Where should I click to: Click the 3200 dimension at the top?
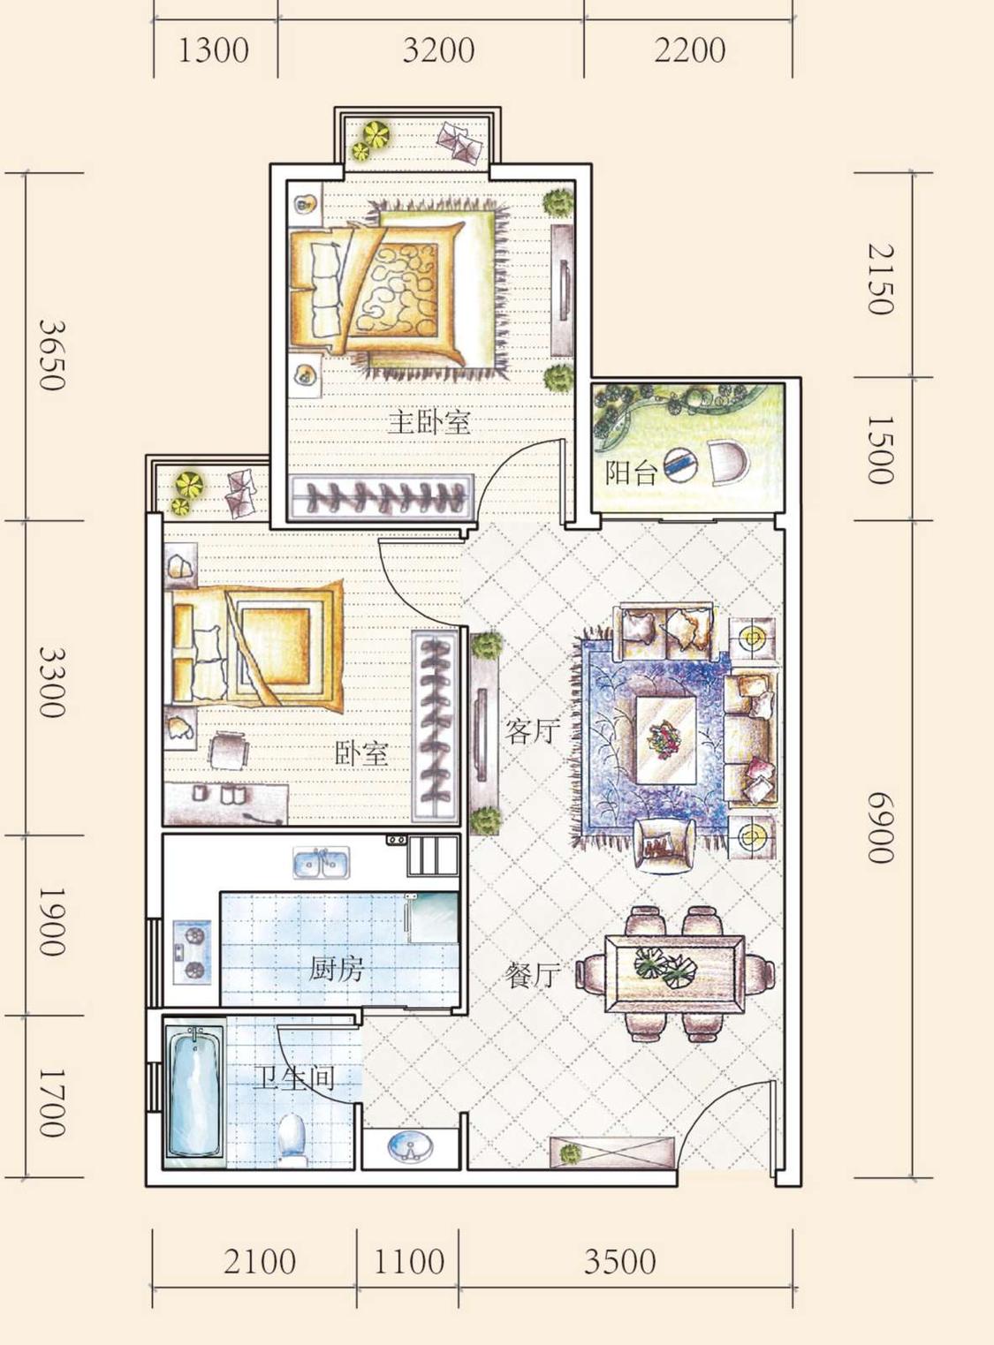[x=438, y=50]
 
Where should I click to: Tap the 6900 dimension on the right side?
[x=881, y=828]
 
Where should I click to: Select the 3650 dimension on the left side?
[x=50, y=356]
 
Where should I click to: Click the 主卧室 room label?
[x=429, y=422]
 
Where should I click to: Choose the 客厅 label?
[x=532, y=731]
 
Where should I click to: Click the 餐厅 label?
[x=532, y=974]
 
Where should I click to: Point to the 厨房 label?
[x=336, y=969]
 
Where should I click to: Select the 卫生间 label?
[x=293, y=1079]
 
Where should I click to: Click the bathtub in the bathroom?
[x=194, y=1092]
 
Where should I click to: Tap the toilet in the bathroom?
[x=292, y=1139]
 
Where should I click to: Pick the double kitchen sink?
[x=321, y=862]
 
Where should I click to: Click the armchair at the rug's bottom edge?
[x=664, y=845]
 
